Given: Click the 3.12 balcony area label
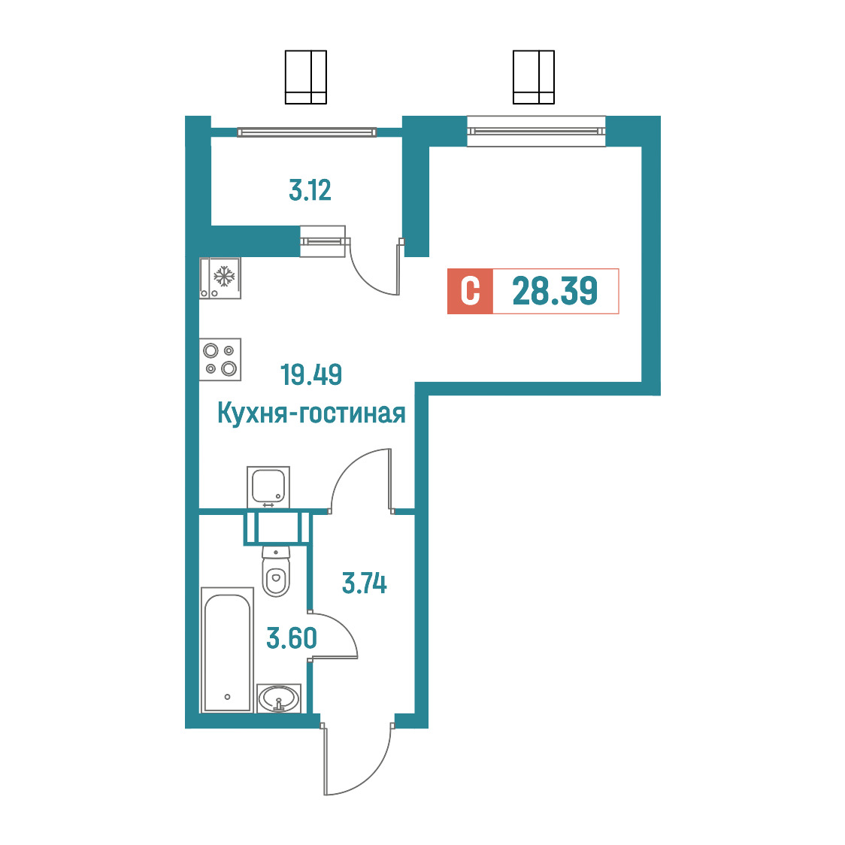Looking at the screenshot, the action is click(310, 191).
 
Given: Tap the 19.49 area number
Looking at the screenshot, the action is click(311, 374).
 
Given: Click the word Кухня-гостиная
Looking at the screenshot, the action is click(311, 414).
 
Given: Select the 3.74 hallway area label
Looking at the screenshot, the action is click(365, 583).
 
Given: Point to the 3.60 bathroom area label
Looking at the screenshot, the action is click(292, 638).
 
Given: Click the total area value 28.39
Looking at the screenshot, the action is click(555, 291).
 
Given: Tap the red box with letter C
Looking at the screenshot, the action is click(470, 291).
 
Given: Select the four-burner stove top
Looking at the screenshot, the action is click(220, 359).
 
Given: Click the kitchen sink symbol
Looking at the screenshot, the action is click(268, 487).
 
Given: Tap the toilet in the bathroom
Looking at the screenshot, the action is click(276, 571).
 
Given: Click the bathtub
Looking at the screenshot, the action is click(227, 650).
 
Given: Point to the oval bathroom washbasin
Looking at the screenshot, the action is click(279, 698).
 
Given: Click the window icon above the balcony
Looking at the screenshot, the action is click(305, 77).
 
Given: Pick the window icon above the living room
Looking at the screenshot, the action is click(534, 77).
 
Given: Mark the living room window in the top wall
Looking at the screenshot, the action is click(536, 131).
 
